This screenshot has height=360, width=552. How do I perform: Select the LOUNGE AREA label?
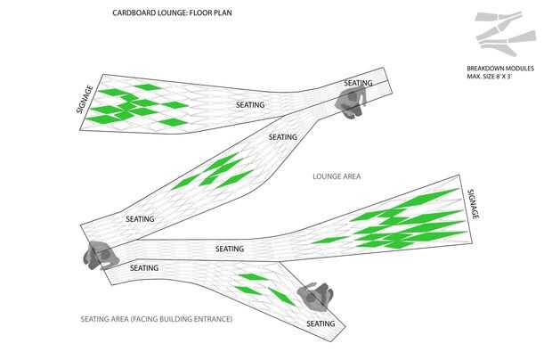point(337,176)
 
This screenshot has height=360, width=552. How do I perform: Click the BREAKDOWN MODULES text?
point(500,69)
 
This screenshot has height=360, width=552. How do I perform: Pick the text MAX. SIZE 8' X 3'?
point(489,77)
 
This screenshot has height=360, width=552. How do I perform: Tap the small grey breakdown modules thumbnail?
point(505,34)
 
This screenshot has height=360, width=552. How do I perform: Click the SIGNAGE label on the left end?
point(85,99)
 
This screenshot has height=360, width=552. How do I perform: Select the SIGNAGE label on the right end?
point(473,204)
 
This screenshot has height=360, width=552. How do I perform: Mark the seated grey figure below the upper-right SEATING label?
point(350,102)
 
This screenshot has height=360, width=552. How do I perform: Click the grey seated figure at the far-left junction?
point(100,255)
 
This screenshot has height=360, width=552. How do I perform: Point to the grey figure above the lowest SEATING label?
point(315,297)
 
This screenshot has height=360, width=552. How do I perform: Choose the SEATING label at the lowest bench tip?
point(321,323)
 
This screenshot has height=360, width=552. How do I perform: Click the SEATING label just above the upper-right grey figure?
point(358,83)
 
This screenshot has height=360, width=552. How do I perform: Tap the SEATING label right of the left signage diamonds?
point(250,104)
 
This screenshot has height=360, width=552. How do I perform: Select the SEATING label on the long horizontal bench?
point(230,249)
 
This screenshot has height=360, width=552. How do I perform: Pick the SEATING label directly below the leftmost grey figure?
point(144,268)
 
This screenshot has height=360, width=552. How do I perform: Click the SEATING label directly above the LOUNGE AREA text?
point(283,137)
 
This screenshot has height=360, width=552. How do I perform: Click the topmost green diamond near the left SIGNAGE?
point(148,87)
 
